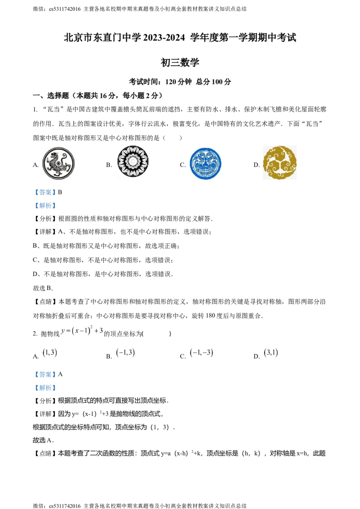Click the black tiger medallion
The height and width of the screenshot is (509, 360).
click(58, 163)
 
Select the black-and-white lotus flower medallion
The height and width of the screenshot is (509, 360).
click(133, 162)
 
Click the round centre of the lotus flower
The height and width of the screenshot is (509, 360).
click(133, 162)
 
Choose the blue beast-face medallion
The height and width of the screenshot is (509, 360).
click(205, 165)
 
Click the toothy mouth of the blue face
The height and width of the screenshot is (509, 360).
click(205, 171)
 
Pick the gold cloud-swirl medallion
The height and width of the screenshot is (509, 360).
click(281, 162)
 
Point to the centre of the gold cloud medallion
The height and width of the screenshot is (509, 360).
click(281, 162)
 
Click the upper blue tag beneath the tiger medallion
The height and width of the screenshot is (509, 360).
click(45, 192)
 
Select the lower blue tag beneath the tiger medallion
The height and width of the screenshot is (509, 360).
click(45, 205)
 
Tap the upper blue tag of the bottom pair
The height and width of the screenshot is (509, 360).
click(45, 374)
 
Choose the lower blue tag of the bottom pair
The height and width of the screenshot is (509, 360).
click(45, 388)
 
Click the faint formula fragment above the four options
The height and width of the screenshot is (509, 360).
click(83, 331)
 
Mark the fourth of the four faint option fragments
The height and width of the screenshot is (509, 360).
click(272, 353)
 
